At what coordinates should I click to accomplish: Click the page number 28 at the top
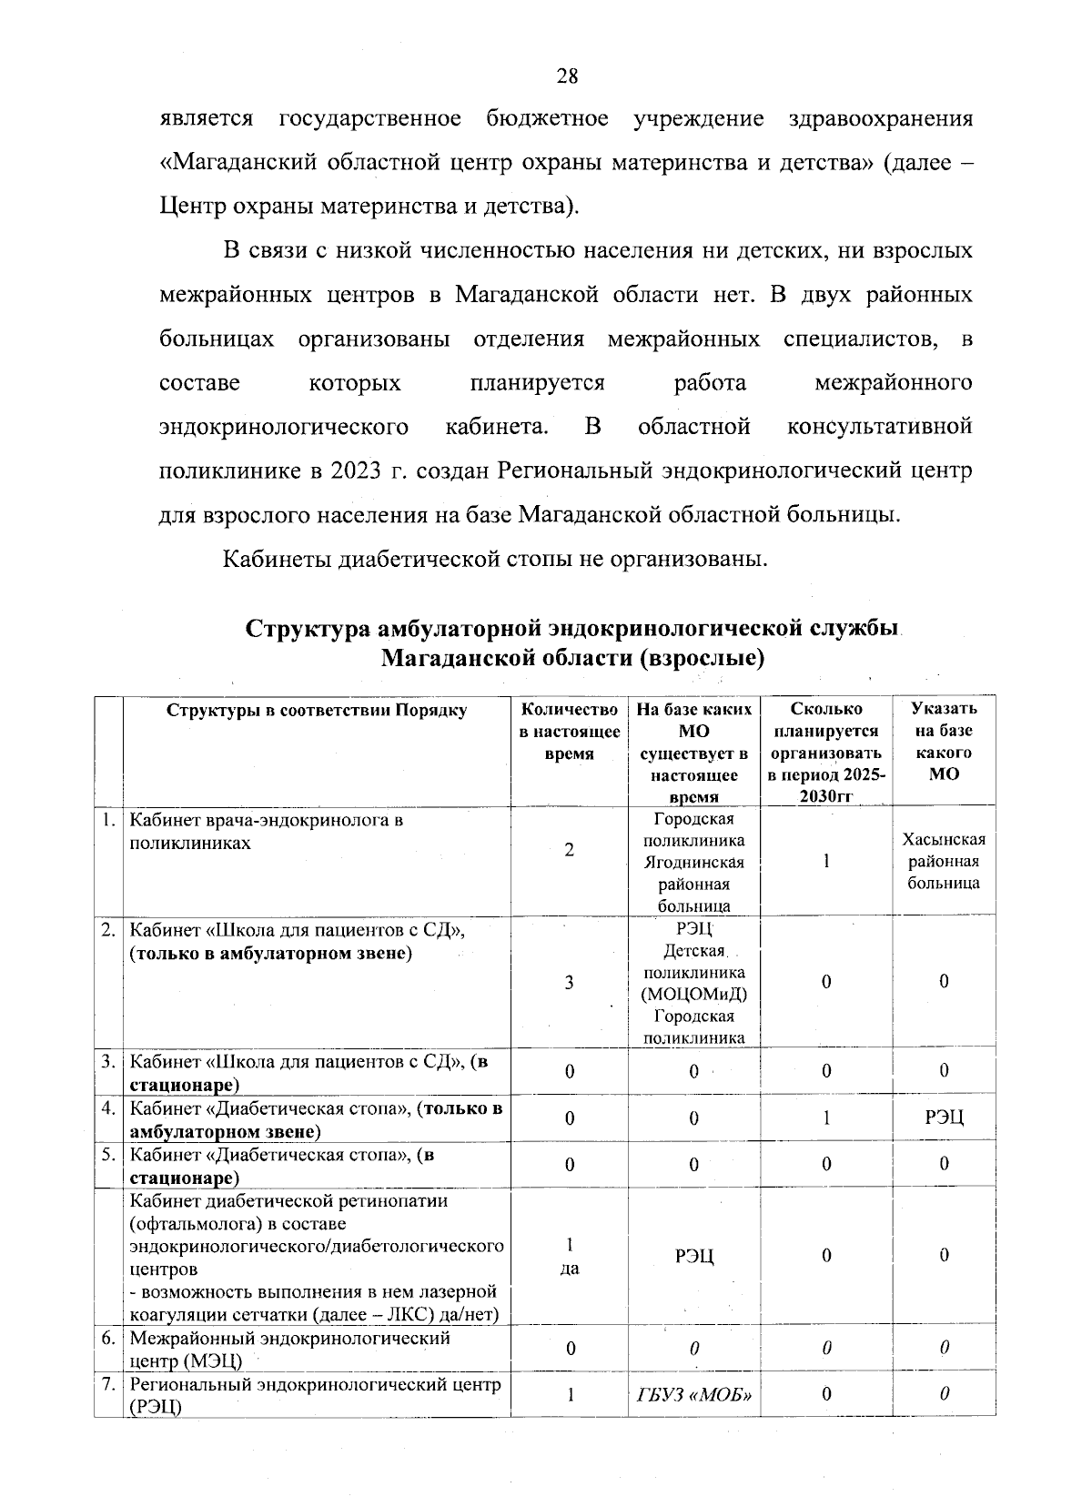566,76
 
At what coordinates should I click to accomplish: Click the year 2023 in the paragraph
360,470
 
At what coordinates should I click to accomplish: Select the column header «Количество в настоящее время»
569,731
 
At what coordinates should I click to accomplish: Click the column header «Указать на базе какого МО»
944,742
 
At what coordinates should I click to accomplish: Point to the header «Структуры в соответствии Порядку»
316,711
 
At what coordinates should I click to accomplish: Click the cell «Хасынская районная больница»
944,861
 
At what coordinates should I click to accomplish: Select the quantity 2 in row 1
569,850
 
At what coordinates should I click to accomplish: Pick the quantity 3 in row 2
569,983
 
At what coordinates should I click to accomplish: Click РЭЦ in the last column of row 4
944,1118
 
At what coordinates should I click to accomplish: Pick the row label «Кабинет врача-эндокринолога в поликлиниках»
266,831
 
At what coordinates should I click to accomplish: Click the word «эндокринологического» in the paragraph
283,427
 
